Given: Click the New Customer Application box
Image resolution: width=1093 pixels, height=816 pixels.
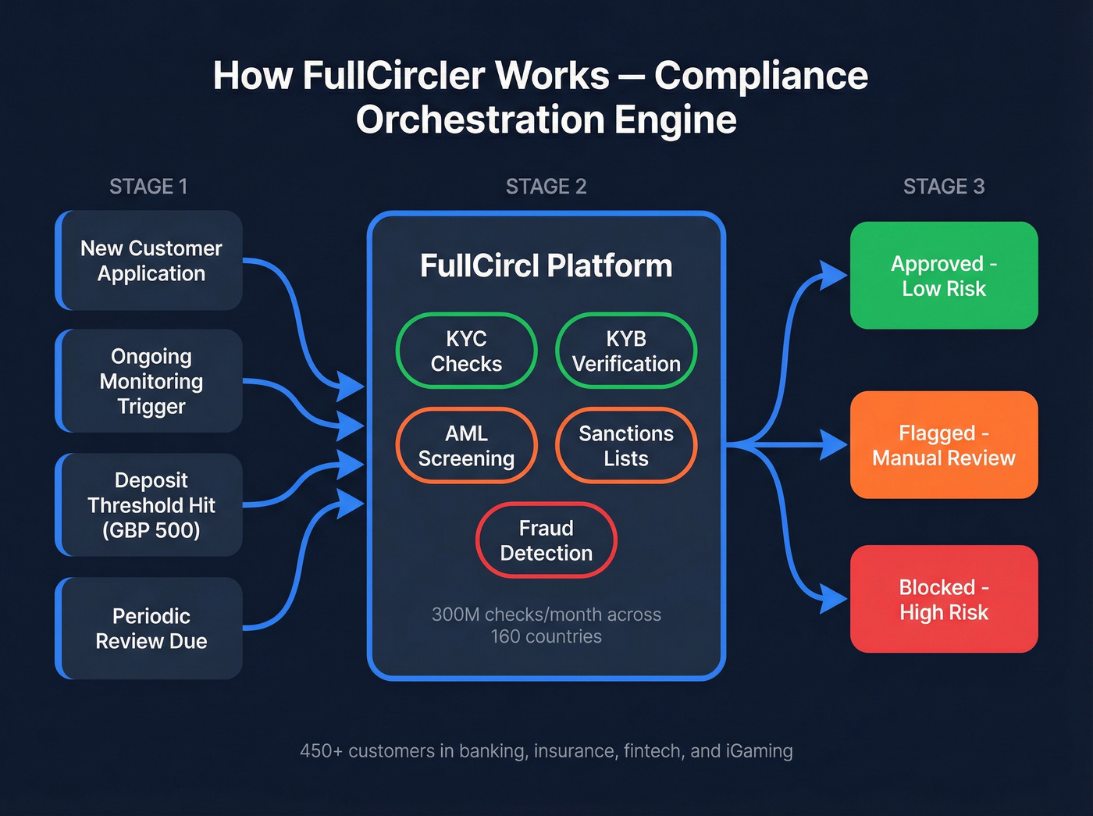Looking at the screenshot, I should point(150,261).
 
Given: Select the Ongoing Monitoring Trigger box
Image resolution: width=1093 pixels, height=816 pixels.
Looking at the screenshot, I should point(150,381).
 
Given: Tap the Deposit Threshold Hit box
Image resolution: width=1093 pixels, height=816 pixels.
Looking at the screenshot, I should point(150,504).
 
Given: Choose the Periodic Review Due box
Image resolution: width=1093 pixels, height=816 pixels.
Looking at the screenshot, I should point(150,628).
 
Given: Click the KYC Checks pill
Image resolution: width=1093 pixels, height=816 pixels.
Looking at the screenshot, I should point(466,351).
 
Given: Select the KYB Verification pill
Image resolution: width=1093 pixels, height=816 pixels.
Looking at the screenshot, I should point(626,351).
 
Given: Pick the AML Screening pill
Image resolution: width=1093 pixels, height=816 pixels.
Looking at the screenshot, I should point(466,446).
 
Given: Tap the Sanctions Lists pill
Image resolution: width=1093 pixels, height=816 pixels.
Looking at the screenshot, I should point(626,446).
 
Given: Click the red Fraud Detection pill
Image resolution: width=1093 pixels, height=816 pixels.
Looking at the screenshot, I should point(546,540).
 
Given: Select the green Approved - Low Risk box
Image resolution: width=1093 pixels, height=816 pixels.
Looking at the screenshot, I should point(943,276).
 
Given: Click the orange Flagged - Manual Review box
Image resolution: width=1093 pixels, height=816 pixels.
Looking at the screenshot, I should point(943,445).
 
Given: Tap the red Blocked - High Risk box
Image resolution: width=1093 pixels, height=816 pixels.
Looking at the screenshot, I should point(943,599).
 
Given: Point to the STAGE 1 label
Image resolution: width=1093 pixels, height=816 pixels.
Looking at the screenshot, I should point(148,187).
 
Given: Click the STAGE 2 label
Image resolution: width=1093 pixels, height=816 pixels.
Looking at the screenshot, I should point(546,187).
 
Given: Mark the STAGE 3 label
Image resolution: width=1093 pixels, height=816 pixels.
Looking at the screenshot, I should point(943,187).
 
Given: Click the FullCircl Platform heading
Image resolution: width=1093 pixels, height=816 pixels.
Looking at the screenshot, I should point(546,265).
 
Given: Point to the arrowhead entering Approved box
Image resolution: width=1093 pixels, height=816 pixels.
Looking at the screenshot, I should point(834,276).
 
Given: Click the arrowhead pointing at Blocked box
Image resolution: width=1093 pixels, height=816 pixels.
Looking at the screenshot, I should point(834,600).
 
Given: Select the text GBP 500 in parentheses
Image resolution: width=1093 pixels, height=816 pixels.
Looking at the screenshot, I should point(151,530).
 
